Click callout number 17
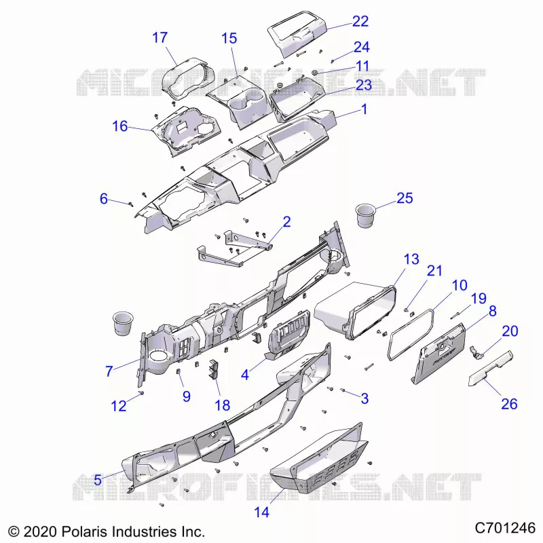[x=160, y=37]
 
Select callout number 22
[x=360, y=22]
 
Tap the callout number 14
[x=262, y=512]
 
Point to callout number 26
[x=510, y=404]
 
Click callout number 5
[x=98, y=480]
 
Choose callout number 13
[x=411, y=259]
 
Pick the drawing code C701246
[x=505, y=528]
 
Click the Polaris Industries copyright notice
[x=107, y=531]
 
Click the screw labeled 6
[x=131, y=204]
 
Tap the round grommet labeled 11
[x=315, y=73]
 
